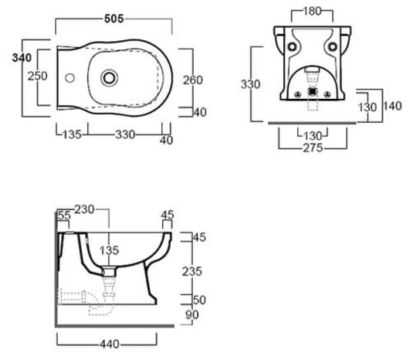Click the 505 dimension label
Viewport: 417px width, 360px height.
pos(114,19)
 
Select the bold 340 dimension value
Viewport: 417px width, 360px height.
pos(22,57)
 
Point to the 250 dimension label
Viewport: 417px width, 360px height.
pos(38,76)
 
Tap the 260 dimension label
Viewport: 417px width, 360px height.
pos(193,80)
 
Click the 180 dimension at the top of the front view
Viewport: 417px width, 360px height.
pos(312,11)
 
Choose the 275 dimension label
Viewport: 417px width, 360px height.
pos(313,148)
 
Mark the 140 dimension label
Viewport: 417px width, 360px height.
pos(392,106)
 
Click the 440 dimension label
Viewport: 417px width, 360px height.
pos(110,344)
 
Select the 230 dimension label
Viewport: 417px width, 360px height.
pos(84,209)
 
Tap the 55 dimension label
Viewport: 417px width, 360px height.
pos(64,216)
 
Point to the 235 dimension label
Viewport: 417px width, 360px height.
pos(192,271)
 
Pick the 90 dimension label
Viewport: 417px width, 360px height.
pos(192,314)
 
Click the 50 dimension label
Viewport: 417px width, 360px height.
pos(199,300)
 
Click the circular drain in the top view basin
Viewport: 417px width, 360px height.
pos(109,78)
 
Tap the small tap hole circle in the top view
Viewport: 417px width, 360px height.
pos(69,78)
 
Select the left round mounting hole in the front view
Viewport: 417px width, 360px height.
pos(292,46)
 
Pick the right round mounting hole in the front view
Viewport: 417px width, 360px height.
pos(332,46)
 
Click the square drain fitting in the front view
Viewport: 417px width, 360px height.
pos(313,91)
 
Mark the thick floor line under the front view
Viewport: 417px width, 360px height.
pos(312,123)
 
